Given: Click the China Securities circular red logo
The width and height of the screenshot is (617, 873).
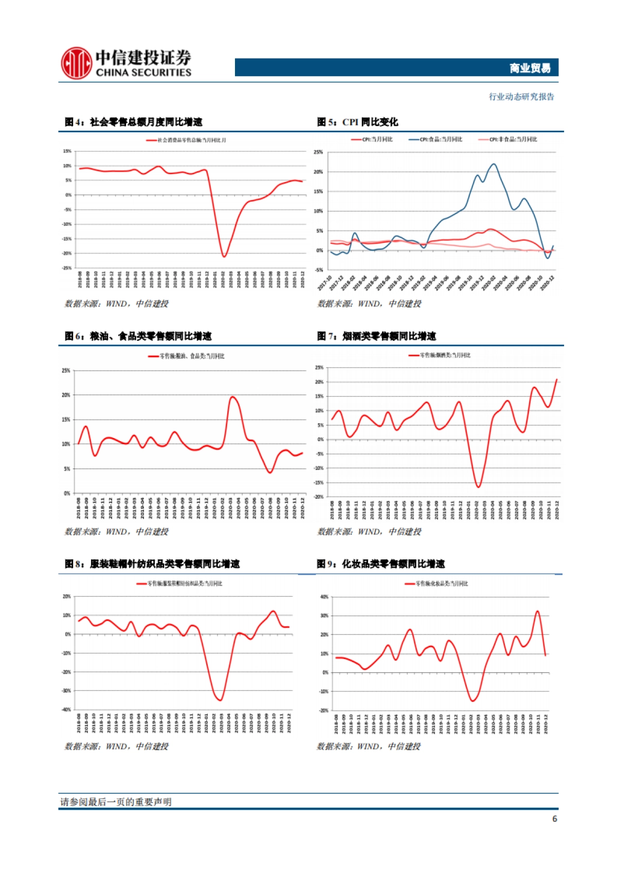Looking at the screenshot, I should (x=76, y=63).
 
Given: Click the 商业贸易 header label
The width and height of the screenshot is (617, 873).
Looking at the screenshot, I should (x=530, y=68).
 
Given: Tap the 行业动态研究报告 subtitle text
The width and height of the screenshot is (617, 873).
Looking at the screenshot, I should (x=521, y=97).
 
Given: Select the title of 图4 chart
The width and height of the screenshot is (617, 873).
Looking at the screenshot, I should (x=133, y=122).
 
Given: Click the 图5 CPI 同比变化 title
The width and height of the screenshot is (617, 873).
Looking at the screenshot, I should (x=357, y=122).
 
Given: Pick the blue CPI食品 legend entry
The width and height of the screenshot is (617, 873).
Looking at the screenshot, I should (x=435, y=139).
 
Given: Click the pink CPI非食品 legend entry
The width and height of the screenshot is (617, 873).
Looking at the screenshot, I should (x=507, y=139).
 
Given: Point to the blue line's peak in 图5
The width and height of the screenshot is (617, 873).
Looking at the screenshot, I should (x=494, y=164).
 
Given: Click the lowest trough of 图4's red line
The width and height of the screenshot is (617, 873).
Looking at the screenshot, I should (x=224, y=256).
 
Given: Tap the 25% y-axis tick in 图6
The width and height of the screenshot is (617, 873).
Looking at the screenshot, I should (x=66, y=370).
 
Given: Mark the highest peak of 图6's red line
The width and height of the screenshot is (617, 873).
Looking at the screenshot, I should (x=232, y=397).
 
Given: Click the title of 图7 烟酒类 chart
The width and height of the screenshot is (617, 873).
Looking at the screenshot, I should (x=376, y=336).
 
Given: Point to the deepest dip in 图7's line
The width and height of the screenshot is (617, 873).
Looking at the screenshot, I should (x=478, y=486).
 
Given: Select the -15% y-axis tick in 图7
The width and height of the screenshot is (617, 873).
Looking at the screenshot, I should (x=319, y=483).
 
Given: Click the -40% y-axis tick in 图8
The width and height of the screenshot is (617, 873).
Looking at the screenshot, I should (x=66, y=710).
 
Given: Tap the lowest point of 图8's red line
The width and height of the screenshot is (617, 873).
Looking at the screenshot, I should (x=221, y=700).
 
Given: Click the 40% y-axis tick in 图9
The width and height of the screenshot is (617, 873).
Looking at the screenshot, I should (x=324, y=597).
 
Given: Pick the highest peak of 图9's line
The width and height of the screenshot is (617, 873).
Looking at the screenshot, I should (x=537, y=611).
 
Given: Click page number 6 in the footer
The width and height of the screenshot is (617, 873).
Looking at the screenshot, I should (x=554, y=819).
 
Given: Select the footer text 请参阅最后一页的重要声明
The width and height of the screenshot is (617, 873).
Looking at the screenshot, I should (x=116, y=802).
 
